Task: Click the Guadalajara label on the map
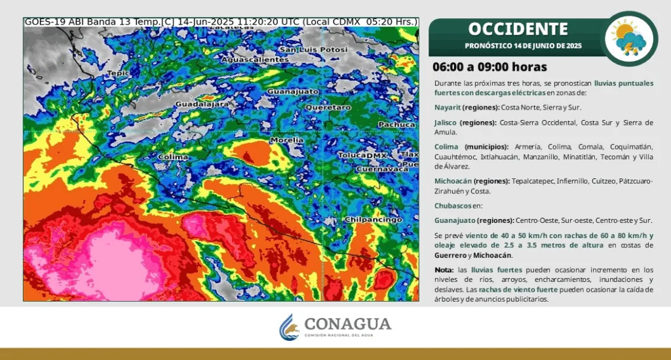click(x=202, y=104)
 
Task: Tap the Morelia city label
click(x=287, y=140)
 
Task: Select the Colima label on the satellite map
click(x=174, y=157)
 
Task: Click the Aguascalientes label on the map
click(x=255, y=60)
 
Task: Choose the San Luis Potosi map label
click(x=313, y=50)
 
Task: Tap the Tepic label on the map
click(x=119, y=73)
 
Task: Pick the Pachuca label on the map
click(x=396, y=124)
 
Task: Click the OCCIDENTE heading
click(x=518, y=29)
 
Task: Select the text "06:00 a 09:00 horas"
click(x=489, y=67)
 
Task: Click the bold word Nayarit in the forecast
click(x=447, y=107)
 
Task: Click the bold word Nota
click(x=444, y=270)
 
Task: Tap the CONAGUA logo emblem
click(x=290, y=327)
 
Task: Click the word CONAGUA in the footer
click(x=348, y=323)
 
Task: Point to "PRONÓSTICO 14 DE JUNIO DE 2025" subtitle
click(x=523, y=46)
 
